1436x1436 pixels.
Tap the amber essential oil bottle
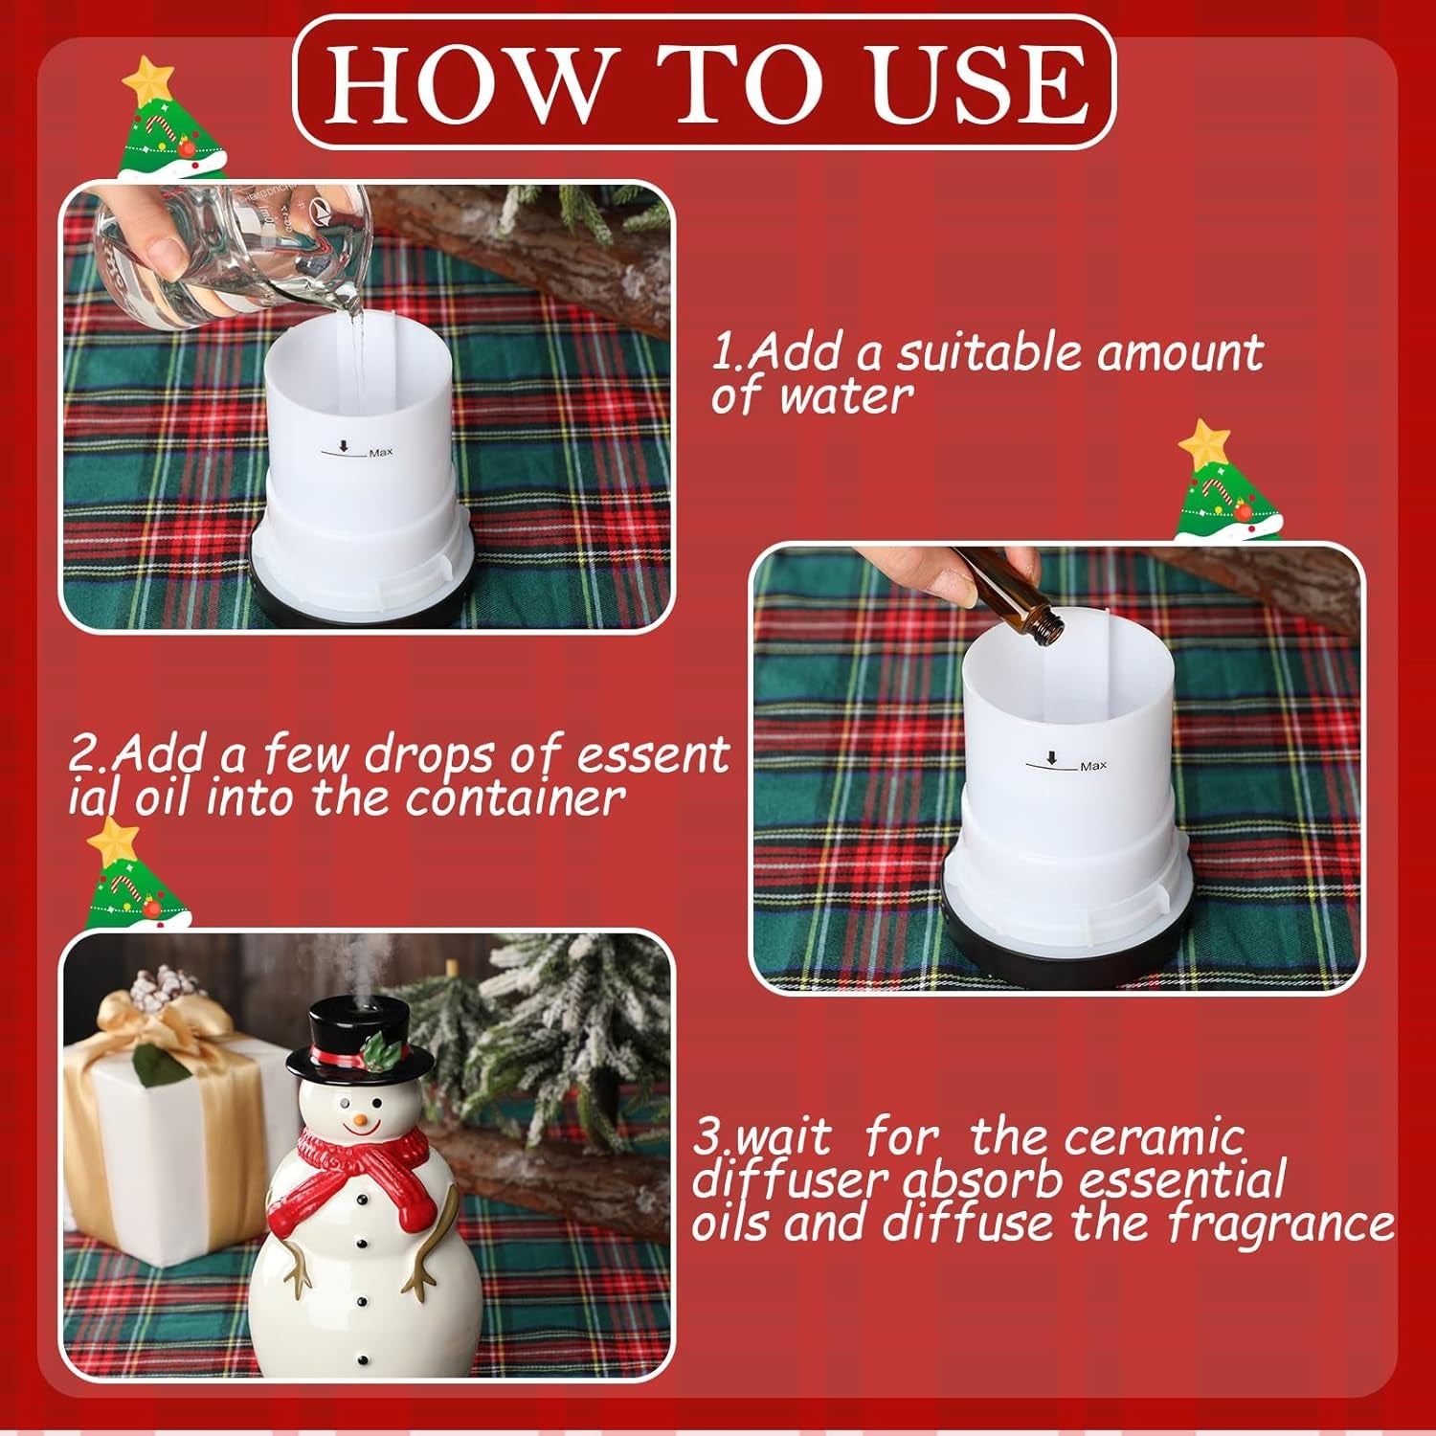(1005, 588)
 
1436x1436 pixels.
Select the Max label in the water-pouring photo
(380, 452)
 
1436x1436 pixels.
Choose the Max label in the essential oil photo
(1092, 766)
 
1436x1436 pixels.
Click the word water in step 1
(847, 395)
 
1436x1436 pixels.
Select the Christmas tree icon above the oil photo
(1225, 483)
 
